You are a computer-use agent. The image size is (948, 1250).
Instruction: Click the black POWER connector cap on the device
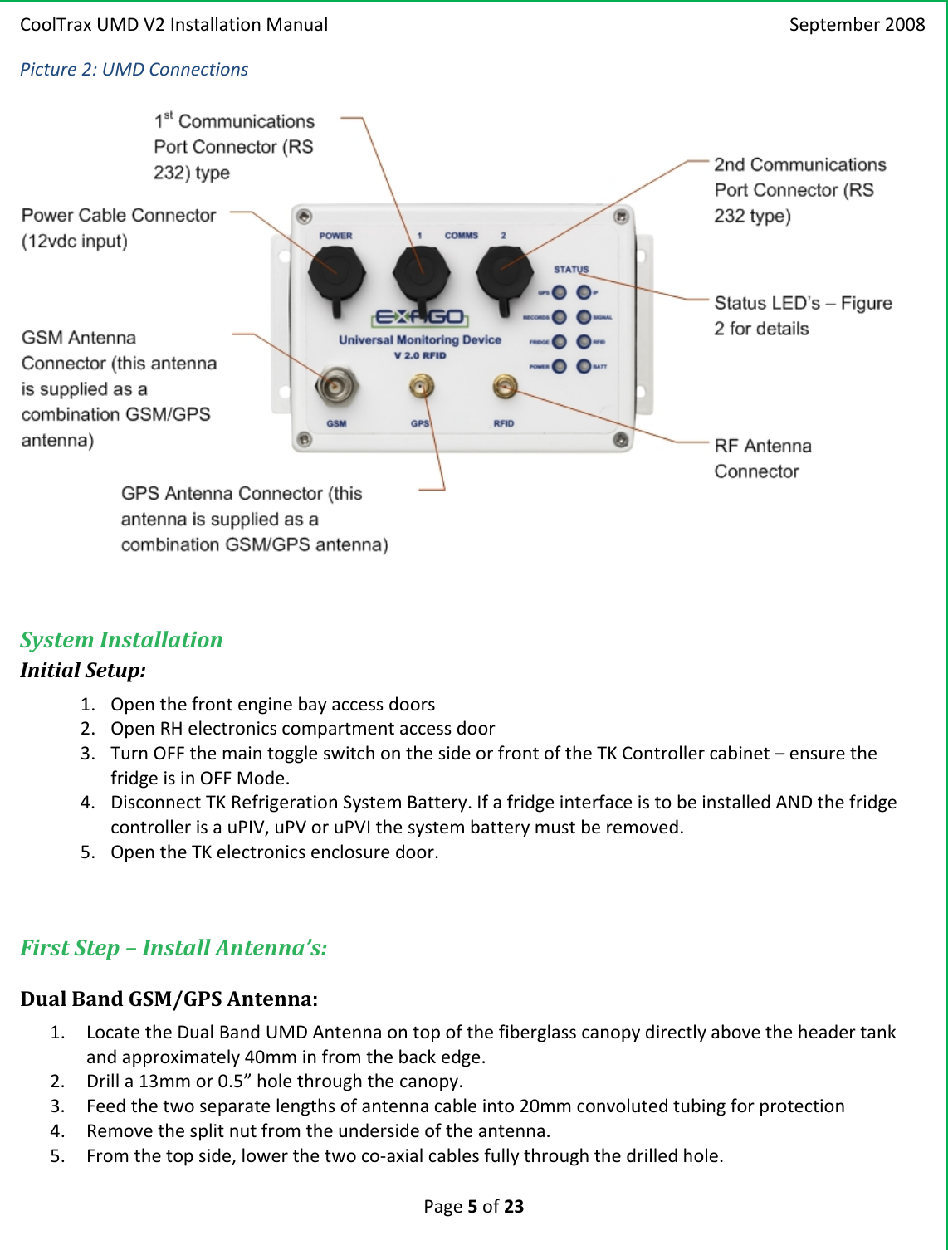[336, 271]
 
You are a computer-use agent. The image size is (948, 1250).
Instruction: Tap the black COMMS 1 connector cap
[421, 271]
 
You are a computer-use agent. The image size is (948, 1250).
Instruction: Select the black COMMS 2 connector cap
[505, 271]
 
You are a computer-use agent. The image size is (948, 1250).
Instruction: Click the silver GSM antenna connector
[335, 387]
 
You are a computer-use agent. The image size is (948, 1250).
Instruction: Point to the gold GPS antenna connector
[422, 386]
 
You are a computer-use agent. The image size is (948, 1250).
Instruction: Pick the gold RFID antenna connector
[505, 385]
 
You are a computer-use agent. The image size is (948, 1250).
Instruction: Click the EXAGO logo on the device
[420, 317]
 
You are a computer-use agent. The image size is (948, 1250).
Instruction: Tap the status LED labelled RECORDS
[560, 317]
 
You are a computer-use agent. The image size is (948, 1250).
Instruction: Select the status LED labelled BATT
[584, 366]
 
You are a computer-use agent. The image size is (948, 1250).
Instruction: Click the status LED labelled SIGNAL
[584, 317]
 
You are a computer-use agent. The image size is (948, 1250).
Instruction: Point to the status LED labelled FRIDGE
[560, 342]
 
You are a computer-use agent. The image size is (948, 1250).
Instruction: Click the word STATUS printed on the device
[571, 270]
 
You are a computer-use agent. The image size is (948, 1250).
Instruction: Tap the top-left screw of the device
[305, 217]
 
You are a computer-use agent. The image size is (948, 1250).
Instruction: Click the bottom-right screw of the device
[620, 440]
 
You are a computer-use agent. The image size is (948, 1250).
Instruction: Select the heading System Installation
[121, 640]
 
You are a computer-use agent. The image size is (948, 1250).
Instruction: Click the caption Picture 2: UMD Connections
[134, 70]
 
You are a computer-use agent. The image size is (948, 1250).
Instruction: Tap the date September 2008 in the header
[857, 25]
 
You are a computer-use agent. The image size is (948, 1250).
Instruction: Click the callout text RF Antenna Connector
[762, 458]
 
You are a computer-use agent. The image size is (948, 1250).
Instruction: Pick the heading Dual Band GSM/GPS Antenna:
[169, 999]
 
